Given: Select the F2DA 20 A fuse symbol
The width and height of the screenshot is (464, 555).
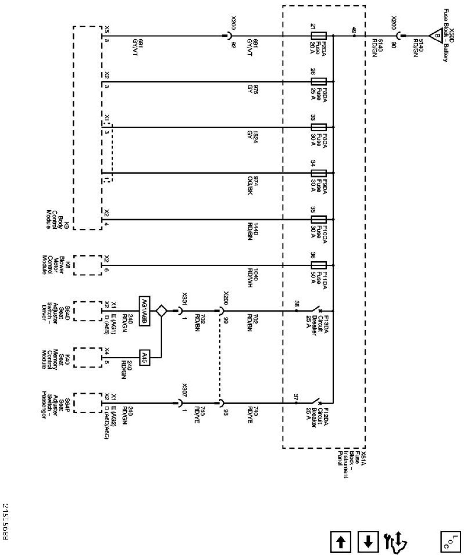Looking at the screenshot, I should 319,36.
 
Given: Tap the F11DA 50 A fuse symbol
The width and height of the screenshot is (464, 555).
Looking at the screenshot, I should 319,265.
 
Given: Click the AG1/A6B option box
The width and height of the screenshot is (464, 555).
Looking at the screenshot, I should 144,311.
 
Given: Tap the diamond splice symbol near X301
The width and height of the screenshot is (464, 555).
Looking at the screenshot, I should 161,311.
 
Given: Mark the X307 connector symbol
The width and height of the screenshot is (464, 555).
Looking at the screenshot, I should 180,402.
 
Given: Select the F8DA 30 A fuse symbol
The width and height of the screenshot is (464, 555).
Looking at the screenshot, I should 319,127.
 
